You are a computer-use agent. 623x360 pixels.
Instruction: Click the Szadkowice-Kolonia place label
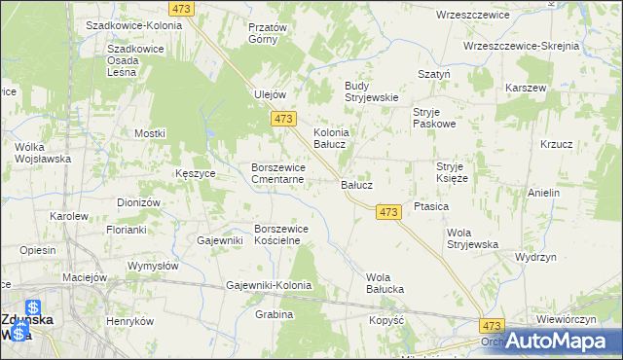[x=133, y=24]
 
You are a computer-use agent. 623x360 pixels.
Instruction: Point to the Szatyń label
[x=432, y=74]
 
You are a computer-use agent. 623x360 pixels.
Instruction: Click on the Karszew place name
[x=526, y=88]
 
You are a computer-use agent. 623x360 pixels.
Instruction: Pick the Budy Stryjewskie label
[x=373, y=91]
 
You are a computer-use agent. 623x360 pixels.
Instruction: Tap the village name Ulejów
[x=269, y=94]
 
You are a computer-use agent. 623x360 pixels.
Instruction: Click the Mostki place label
[x=151, y=133]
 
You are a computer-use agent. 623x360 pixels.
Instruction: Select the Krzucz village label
[x=556, y=144]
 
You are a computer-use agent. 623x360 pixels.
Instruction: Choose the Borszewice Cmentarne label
[x=279, y=173]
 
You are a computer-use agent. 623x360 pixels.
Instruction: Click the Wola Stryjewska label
[x=472, y=238]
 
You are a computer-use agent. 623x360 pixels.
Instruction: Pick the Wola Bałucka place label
[x=385, y=283]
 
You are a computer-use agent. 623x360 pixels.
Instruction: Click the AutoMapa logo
[x=555, y=342]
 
